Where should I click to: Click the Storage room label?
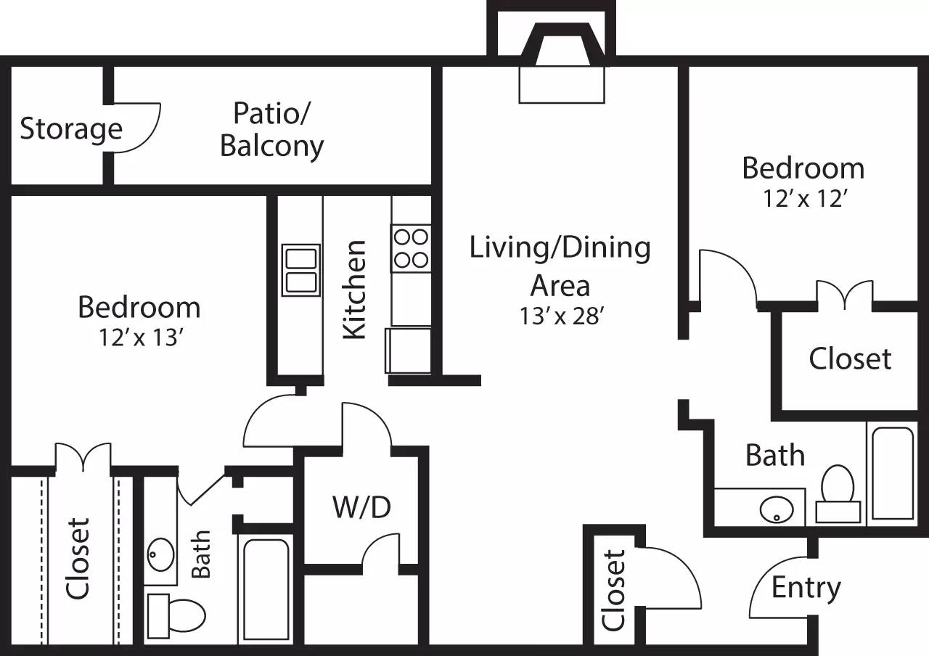70,129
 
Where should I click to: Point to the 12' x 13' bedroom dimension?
139,338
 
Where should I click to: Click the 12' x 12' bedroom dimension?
803,199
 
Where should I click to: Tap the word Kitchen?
354,289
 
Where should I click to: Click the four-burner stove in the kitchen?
411,247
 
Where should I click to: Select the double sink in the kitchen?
300,270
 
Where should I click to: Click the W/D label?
361,507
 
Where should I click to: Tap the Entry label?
806,587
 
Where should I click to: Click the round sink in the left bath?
160,556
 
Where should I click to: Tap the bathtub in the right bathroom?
891,473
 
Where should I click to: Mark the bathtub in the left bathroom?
265,590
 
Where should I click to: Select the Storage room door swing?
136,128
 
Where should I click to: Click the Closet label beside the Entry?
613,590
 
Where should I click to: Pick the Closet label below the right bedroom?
850,358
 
